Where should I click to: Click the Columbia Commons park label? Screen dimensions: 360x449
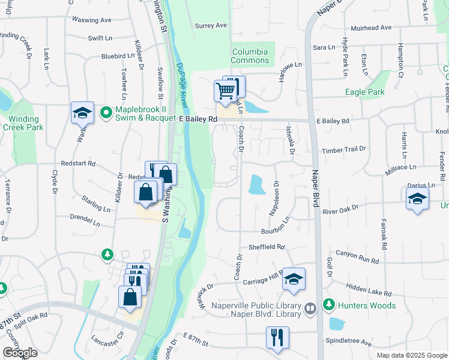point(250,56)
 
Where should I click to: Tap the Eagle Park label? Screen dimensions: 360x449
point(365,92)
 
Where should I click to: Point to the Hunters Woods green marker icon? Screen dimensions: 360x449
point(329,305)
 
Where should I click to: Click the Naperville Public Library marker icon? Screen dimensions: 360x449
point(310,309)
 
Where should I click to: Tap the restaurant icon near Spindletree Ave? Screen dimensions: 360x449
point(277,337)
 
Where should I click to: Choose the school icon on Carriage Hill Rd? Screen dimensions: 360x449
point(294,279)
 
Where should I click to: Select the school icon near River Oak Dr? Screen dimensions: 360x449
point(417,199)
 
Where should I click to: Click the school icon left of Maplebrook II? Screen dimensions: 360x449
point(82,112)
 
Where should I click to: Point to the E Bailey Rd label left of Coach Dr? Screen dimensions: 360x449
point(197,119)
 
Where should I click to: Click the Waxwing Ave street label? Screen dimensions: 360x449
point(92,20)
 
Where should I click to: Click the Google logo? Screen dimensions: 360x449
point(20,353)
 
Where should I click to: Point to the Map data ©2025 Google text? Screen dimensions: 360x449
point(411,355)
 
